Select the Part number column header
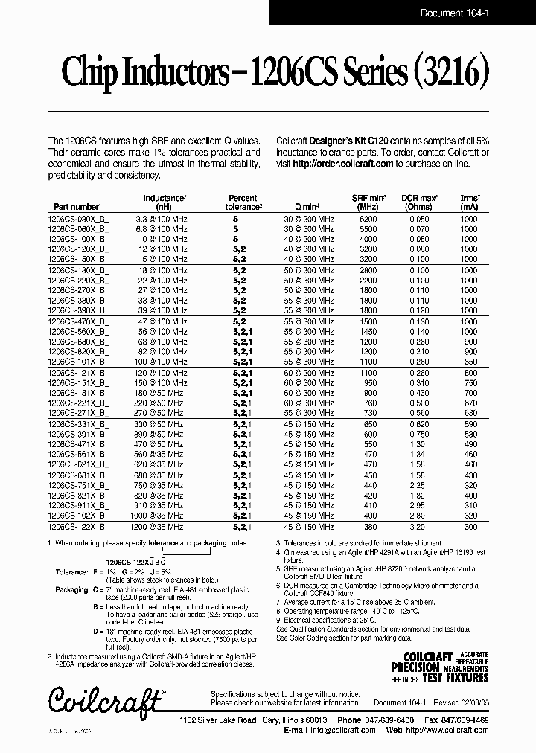pyautogui.click(x=77, y=207)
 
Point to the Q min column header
pyautogui.click(x=306, y=207)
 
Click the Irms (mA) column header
pyautogui.click(x=468, y=202)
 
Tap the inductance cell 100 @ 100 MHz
pyautogui.click(x=160, y=362)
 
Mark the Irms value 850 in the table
pyautogui.click(x=468, y=362)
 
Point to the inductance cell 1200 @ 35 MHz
pyautogui.click(x=160, y=525)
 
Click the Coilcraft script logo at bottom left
pyautogui.click(x=105, y=699)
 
